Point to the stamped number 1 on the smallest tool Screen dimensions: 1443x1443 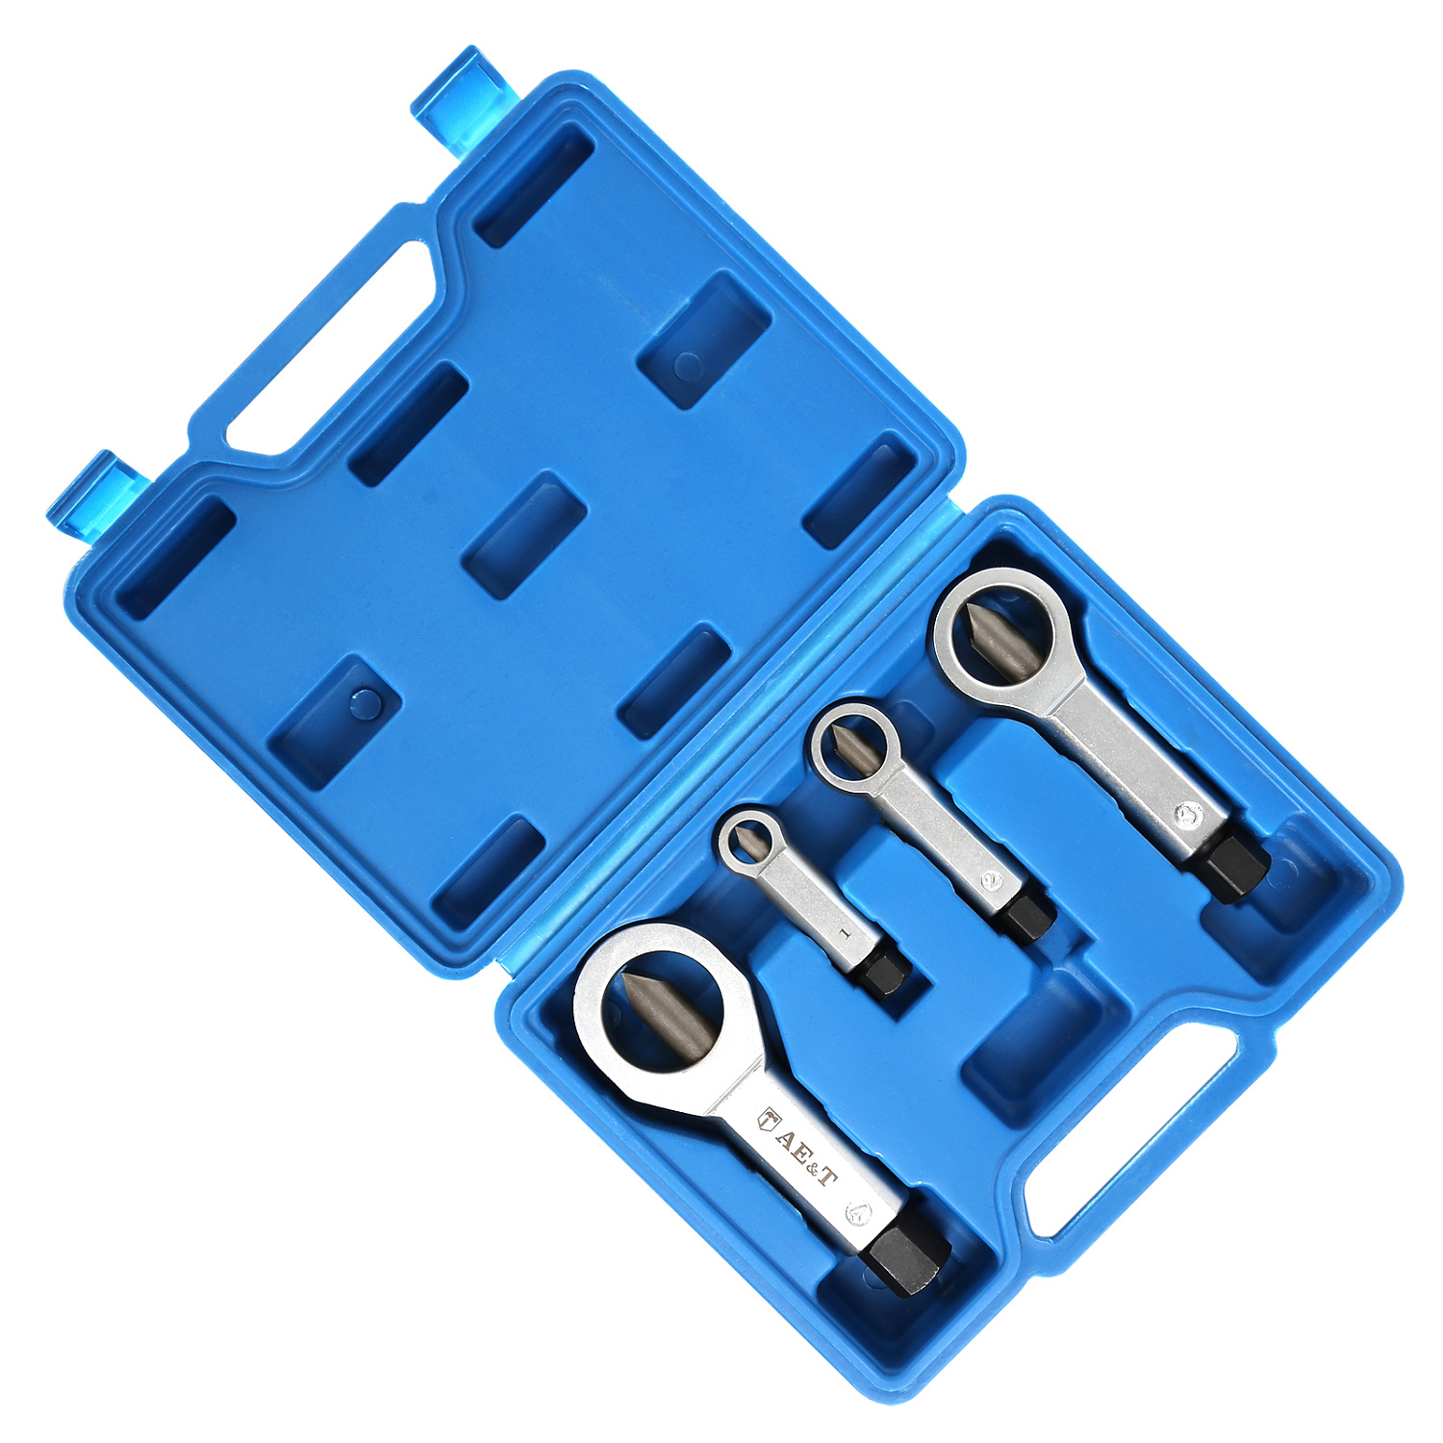[x=843, y=931]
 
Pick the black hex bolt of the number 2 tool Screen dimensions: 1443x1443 [x=1029, y=908]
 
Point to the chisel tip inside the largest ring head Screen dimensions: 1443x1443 [x=654, y=1005]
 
